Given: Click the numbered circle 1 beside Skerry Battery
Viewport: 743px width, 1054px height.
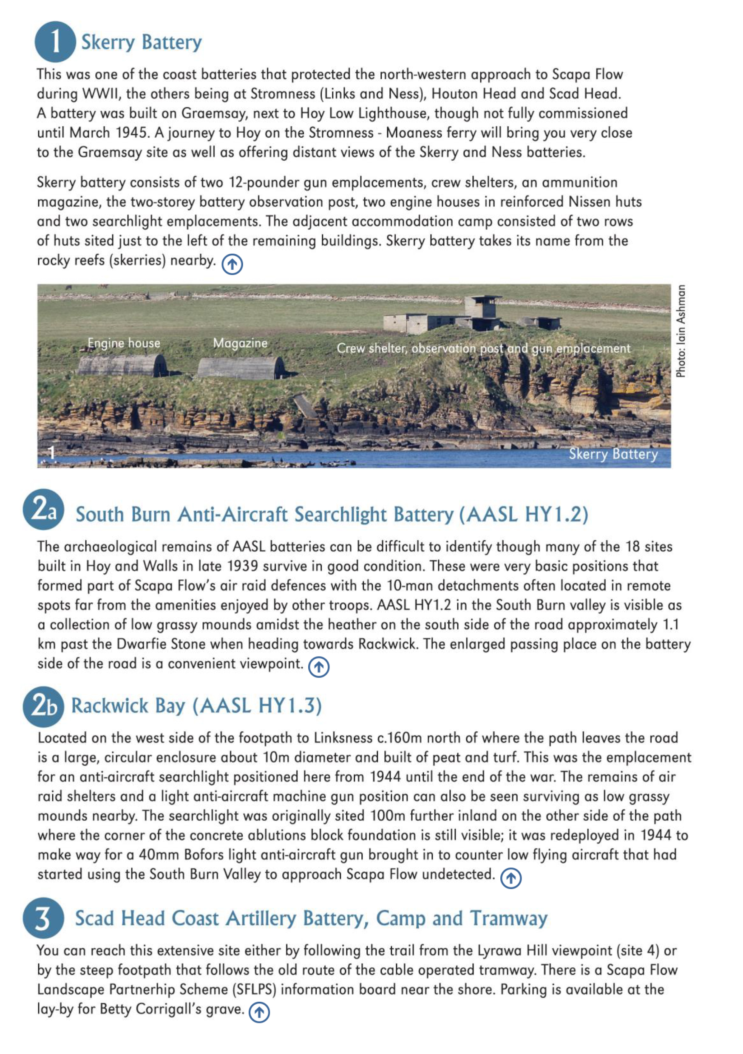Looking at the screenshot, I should pos(55,42).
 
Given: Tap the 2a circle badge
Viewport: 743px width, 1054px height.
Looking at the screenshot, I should pos(44,509).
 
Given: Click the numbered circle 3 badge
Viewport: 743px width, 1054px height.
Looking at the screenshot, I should pos(43,918).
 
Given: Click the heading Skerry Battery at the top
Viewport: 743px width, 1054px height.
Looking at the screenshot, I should pos(142,42).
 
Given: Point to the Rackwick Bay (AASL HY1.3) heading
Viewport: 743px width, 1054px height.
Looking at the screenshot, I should pos(196,705).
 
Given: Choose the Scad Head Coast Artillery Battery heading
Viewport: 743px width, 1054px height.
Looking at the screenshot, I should pos(311,918).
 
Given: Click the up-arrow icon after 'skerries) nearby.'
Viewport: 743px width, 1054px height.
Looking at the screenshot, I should pos(232,264).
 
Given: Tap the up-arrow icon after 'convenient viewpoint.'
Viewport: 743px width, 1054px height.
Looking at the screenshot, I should pos(318,667).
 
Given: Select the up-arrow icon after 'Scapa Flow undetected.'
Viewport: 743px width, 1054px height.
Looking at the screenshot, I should pos(510,878).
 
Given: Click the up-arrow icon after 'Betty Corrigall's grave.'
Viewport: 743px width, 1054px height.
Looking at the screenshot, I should pos(259,1012).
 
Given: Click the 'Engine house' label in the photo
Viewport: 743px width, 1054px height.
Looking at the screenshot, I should pos(124,343).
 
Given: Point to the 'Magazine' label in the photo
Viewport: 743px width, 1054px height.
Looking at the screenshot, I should pos(240,343).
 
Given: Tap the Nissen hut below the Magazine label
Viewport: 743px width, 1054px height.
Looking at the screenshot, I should pos(240,368).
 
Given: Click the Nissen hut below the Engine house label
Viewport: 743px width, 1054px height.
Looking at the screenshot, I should pos(121,365).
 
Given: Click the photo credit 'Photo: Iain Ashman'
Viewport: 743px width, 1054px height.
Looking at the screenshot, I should pos(681,331).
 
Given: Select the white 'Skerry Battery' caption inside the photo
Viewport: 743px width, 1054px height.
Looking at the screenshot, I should pos(613,453).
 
